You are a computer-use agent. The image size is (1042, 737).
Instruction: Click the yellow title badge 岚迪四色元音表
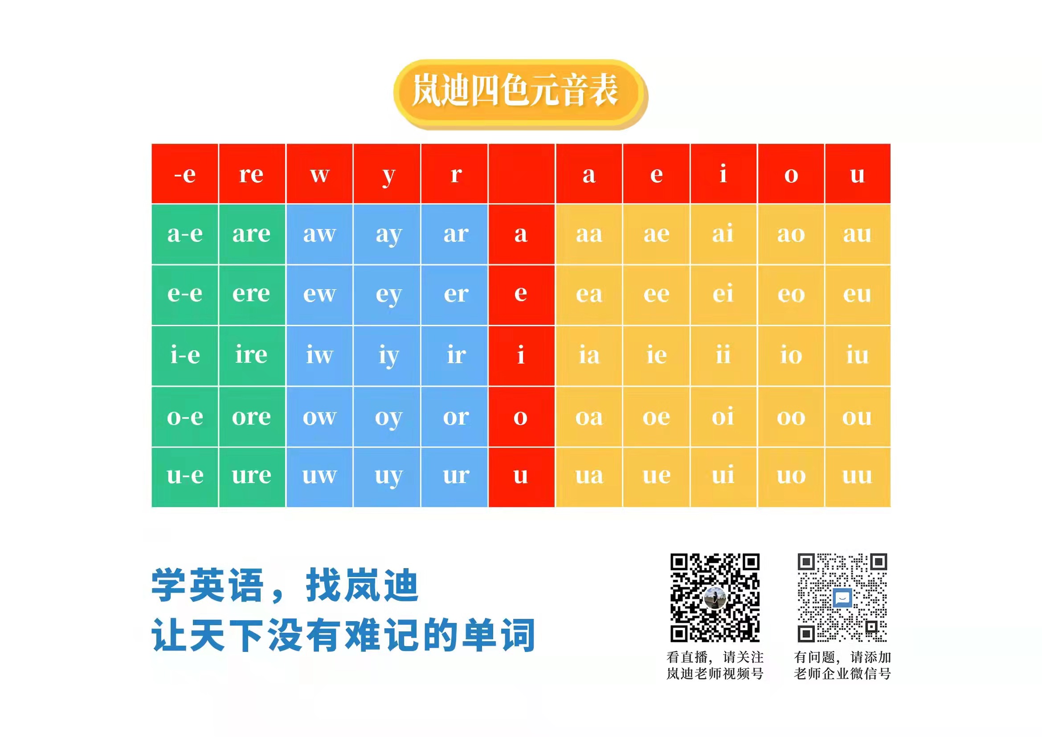coord(520,94)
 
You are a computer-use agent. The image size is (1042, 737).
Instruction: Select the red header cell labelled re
coord(252,173)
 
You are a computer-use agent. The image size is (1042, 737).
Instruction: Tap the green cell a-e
coord(185,234)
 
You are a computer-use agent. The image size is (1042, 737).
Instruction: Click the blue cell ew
coord(319,295)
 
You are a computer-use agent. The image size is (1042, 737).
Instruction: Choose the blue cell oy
coord(387,417)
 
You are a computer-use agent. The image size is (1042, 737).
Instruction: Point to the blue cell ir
coord(454,356)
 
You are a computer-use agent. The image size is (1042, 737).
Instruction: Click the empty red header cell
coord(522,173)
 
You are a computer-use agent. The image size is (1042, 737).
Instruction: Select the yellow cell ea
coord(589,295)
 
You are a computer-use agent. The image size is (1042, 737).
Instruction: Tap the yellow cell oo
coord(791,417)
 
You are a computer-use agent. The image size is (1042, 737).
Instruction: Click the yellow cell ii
coord(724,356)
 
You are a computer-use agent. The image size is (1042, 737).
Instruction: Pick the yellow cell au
coord(858,234)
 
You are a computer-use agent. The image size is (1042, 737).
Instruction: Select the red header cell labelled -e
coord(185,173)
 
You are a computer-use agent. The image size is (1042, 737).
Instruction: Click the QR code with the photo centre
coord(715,597)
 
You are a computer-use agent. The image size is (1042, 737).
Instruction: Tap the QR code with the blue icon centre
coord(842,597)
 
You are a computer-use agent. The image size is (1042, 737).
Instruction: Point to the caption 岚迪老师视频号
coord(715,673)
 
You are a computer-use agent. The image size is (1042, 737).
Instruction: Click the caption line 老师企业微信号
coord(842,673)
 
